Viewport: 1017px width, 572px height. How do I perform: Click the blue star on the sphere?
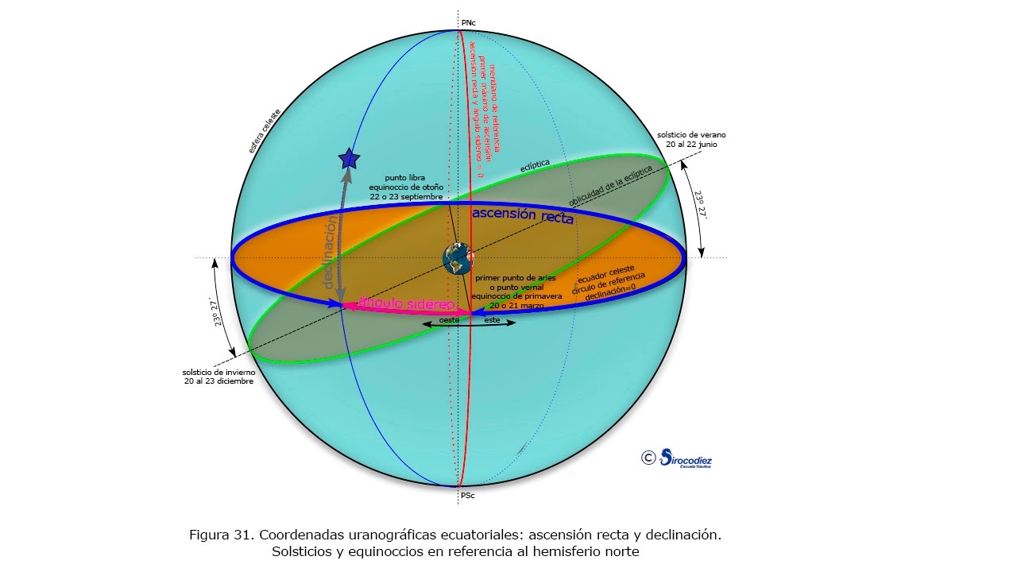click(348, 159)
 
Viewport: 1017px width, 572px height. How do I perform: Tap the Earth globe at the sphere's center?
click(457, 258)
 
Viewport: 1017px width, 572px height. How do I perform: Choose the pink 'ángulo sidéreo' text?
click(406, 303)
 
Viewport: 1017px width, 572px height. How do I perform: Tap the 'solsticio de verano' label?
click(691, 134)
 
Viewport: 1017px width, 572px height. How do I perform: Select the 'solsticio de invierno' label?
click(218, 372)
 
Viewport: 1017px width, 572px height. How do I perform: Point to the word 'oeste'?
click(450, 319)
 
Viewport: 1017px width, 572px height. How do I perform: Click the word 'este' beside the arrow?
click(493, 319)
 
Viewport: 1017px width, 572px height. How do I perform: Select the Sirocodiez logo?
click(686, 458)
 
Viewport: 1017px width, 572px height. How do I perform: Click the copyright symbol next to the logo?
click(648, 457)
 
